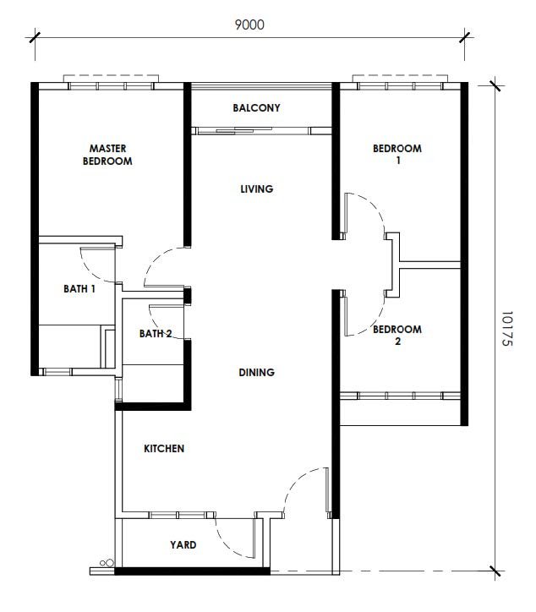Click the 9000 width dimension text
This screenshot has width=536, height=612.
249,25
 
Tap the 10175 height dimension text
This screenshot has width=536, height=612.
506,328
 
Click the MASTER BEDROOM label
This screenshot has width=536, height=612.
107,155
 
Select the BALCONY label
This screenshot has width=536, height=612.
256,107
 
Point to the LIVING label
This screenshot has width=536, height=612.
256,189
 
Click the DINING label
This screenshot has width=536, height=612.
256,372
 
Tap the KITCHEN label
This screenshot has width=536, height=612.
164,449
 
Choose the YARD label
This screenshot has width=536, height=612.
183,544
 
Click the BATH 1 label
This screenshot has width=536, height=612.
79,289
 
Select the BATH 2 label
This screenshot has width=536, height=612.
156,334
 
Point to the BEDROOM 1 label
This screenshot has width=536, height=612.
397,154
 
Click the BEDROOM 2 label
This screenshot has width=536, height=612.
397,335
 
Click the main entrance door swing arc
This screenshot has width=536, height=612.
296,481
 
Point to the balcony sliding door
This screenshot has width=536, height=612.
261,131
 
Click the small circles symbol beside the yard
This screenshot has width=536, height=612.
107,563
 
